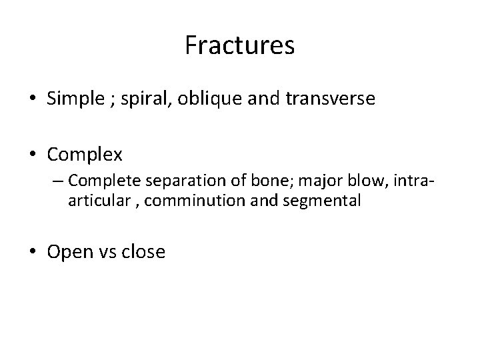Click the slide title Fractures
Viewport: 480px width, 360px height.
point(239,46)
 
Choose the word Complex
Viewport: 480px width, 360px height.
point(85,155)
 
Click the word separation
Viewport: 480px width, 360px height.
point(172,181)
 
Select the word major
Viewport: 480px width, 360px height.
point(293,181)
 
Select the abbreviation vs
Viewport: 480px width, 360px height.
point(109,253)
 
